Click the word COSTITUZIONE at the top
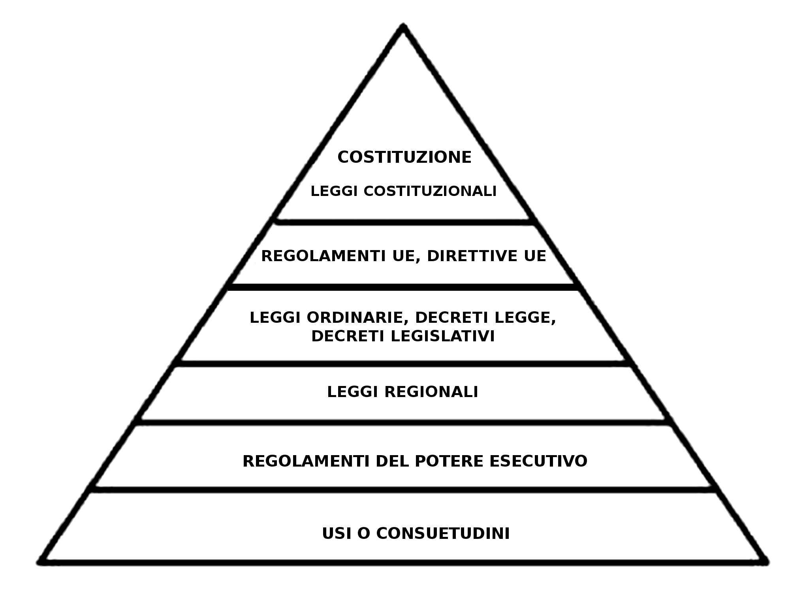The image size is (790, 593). [x=404, y=157]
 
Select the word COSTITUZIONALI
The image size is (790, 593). [x=430, y=191]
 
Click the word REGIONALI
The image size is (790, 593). [x=431, y=392]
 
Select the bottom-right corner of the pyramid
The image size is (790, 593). [x=766, y=561]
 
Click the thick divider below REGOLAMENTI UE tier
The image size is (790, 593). [x=403, y=287]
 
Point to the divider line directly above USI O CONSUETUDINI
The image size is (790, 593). [x=403, y=490]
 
